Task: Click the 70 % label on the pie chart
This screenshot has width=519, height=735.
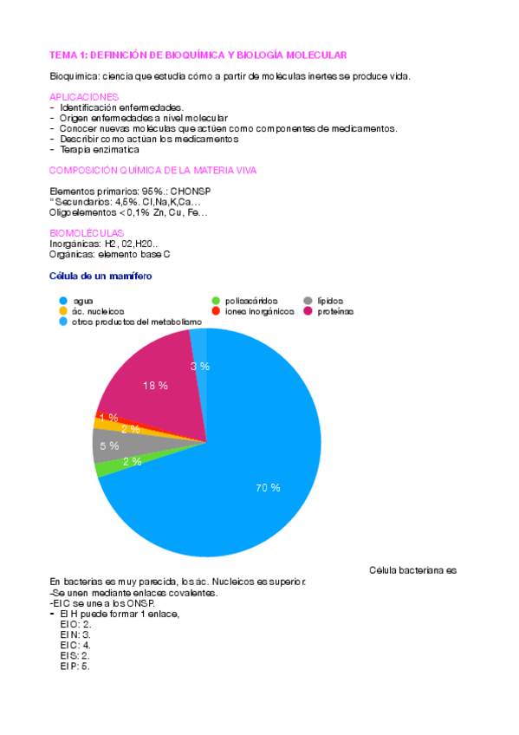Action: point(268,488)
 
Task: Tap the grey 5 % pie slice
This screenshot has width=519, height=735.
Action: point(110,446)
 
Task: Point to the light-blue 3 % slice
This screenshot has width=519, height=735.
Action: point(199,366)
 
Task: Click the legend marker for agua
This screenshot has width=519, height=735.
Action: point(63,301)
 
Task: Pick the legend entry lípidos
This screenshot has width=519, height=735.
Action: point(331,301)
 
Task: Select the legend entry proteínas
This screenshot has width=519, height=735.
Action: point(334,311)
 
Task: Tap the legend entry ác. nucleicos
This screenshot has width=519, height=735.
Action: point(99,311)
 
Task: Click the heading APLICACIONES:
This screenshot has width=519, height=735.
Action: point(85,96)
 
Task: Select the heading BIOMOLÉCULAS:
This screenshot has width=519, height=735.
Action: point(88,233)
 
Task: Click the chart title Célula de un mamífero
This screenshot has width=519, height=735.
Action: point(101,276)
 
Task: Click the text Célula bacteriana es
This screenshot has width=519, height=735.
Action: point(412,570)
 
